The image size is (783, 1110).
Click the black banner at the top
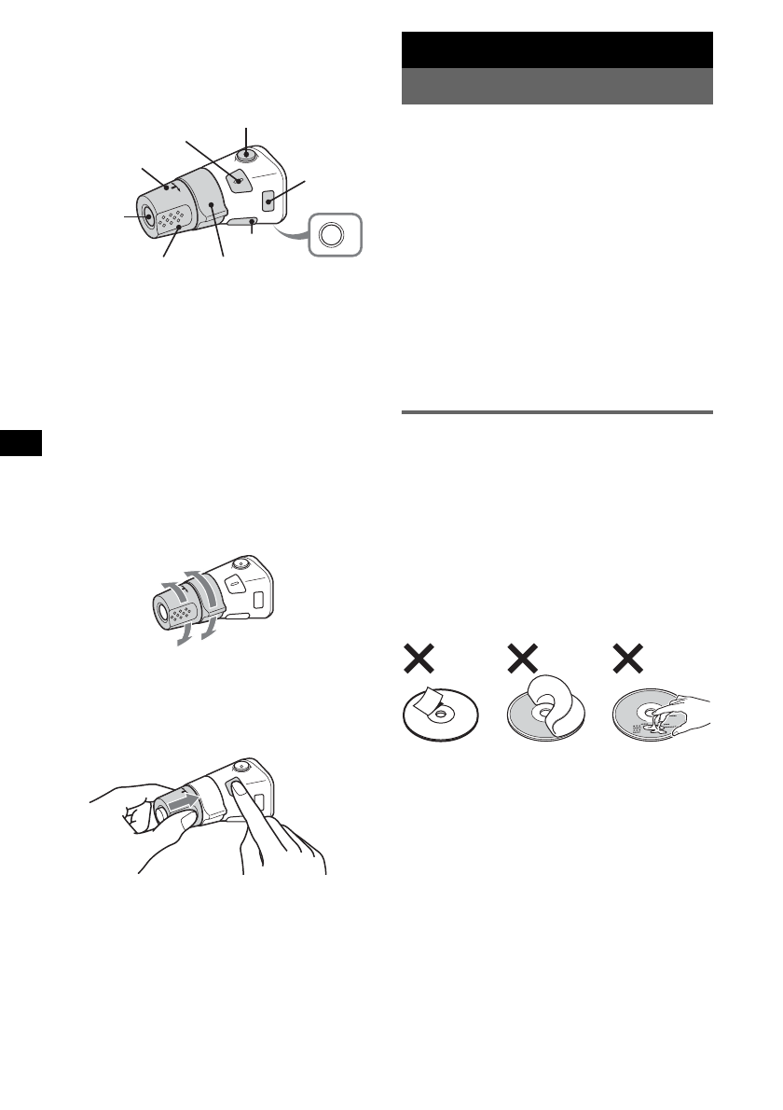(x=557, y=49)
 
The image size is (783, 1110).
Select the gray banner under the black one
(x=557, y=86)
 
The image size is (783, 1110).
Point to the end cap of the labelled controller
(x=149, y=215)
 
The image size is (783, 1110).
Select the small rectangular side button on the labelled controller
(x=268, y=200)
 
